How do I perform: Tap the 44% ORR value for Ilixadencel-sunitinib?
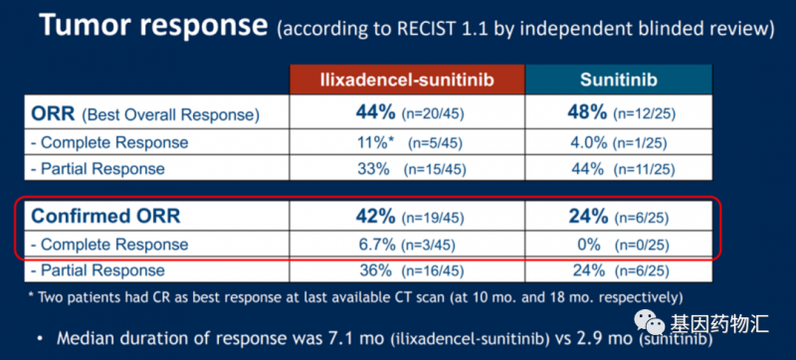406,113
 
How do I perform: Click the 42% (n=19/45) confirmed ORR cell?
406,215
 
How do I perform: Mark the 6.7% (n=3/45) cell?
406,242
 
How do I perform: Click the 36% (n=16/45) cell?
406,270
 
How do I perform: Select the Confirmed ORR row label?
97,215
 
